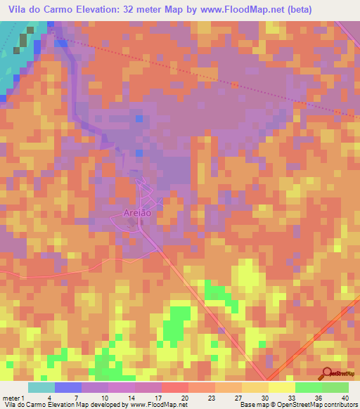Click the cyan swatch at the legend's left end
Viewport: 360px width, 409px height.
[41, 387]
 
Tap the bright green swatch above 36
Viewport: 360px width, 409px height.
[308, 387]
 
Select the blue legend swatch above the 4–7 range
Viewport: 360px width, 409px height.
[68, 387]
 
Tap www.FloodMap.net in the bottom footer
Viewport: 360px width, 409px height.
[154, 405]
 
